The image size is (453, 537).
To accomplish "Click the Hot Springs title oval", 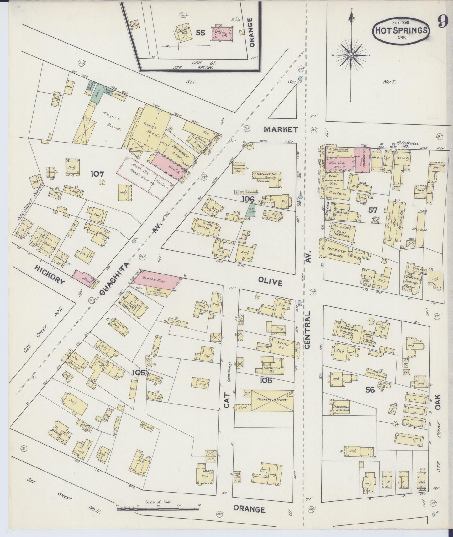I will coord(401,30).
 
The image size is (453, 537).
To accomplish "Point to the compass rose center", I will coord(352,55).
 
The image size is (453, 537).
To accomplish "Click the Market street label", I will coord(281,129).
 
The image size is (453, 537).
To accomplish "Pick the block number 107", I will coord(97,174).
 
